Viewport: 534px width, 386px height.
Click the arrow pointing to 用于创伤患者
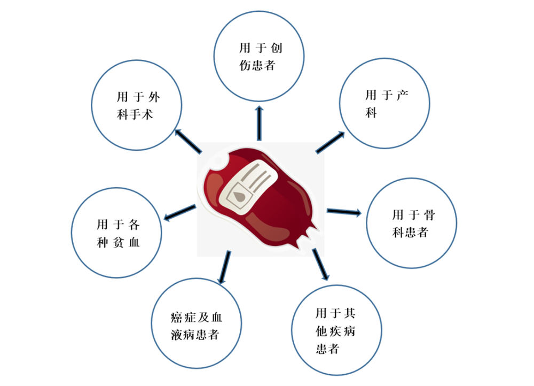(260, 123)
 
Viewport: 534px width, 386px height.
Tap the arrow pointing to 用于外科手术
(188, 141)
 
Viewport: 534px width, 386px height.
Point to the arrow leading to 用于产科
(330, 142)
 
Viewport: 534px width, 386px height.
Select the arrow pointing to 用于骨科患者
(344, 212)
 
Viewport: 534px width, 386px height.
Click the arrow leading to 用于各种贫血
(180, 212)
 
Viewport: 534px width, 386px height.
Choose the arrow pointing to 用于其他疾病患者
(320, 265)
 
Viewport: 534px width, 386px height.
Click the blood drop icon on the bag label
(239, 196)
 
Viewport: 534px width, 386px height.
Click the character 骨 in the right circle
(429, 215)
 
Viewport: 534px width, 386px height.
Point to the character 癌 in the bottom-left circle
(176, 318)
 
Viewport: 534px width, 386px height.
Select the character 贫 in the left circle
(118, 242)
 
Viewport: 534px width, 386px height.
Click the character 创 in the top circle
(276, 48)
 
